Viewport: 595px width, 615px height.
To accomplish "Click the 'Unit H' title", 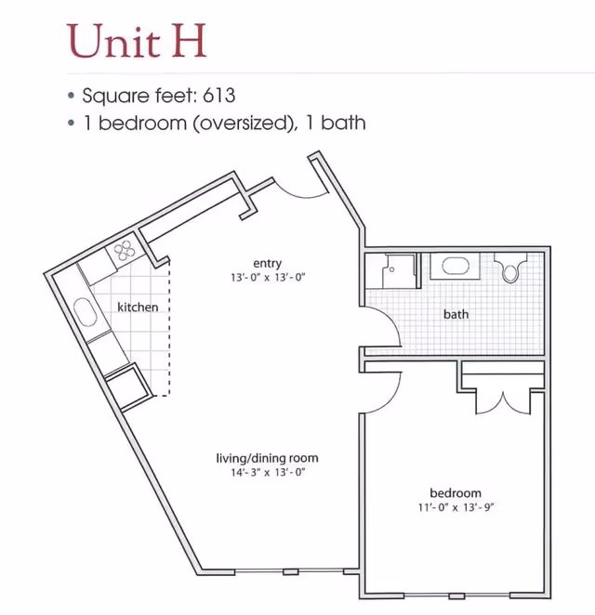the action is tap(137, 41).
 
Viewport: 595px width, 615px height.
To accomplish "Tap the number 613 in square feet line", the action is tap(219, 96).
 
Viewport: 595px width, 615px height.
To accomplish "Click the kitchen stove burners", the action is tap(125, 251).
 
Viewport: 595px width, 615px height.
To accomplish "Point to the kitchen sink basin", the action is tap(85, 312).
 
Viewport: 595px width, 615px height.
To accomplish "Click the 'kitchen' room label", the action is tap(138, 307).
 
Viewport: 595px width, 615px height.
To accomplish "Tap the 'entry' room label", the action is tap(267, 263).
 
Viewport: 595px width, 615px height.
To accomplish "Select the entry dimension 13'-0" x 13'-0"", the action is tap(268, 278).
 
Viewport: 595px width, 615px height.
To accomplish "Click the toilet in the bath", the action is tap(510, 268).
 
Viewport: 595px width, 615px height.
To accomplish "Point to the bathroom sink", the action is tap(456, 267).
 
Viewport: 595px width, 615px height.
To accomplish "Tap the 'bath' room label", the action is tap(456, 314).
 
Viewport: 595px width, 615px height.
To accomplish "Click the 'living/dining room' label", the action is tap(267, 458).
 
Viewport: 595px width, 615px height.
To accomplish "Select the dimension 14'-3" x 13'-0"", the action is tap(268, 472).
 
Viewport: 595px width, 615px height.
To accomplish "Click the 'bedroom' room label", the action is tap(456, 493).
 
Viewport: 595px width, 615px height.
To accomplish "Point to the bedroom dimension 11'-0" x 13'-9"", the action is tap(456, 507).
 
